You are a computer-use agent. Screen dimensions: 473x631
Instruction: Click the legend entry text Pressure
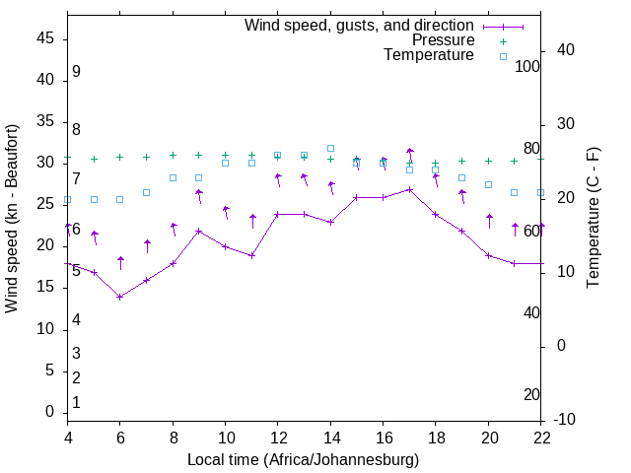pos(443,40)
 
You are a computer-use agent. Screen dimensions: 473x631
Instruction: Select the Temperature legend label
pos(429,55)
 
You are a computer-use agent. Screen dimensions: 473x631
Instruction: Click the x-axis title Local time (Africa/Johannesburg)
pos(303,460)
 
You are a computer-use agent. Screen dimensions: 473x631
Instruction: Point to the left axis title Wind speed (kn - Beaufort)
pos(12,219)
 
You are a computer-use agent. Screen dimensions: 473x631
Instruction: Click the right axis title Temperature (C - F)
pos(593,219)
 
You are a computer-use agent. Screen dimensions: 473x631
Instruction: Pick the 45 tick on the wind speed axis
pos(44,37)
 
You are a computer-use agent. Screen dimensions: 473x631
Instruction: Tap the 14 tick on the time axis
pos(330,437)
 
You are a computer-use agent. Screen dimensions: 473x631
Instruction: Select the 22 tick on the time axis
pos(541,437)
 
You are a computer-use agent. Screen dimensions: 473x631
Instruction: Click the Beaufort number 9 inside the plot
pos(76,72)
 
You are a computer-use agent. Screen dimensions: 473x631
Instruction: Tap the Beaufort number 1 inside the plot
pos(76,403)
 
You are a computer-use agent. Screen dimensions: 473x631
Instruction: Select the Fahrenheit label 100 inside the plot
pos(528,66)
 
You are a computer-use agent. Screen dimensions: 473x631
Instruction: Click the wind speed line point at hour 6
pos(120,297)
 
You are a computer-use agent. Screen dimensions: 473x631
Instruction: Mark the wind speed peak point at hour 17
pos(410,189)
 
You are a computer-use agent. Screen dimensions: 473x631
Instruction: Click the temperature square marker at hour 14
pos(330,148)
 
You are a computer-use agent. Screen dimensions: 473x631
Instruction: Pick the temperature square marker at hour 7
pos(146,192)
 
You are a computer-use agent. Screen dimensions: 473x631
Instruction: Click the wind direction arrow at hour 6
pos(120,262)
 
